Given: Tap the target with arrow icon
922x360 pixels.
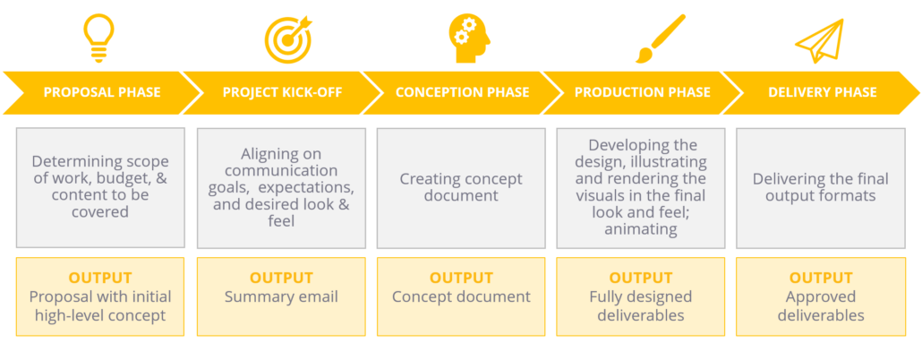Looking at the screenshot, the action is (x=287, y=39).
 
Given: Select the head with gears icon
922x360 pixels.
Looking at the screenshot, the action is (x=469, y=39).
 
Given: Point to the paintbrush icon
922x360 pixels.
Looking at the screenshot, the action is (x=661, y=39).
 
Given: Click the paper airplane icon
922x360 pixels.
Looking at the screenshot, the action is (x=819, y=41).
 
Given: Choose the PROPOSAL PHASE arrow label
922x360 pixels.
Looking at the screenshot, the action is (x=102, y=93).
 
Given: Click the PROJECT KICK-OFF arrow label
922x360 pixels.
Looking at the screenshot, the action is (x=282, y=93).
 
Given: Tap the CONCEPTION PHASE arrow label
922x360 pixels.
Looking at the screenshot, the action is (x=462, y=93).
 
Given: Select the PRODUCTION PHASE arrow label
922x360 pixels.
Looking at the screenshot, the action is (x=643, y=93).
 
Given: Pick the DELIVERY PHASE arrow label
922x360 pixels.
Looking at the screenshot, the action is (x=823, y=93).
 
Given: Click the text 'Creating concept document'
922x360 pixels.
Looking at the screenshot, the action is (x=461, y=187).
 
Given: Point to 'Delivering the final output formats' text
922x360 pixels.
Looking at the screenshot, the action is (x=821, y=187).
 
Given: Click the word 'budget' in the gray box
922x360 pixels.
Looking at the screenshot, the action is (x=110, y=178).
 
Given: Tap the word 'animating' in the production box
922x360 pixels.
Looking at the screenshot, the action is (x=641, y=229).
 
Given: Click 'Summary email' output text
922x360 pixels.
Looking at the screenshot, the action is (x=281, y=296).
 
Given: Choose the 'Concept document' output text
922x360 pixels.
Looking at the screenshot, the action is (x=462, y=297).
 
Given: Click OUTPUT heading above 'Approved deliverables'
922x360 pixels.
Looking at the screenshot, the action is (x=821, y=278).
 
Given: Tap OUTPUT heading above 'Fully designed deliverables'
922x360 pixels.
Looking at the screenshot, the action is (x=641, y=278).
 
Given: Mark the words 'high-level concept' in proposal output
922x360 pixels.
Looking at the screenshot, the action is (x=100, y=316).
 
